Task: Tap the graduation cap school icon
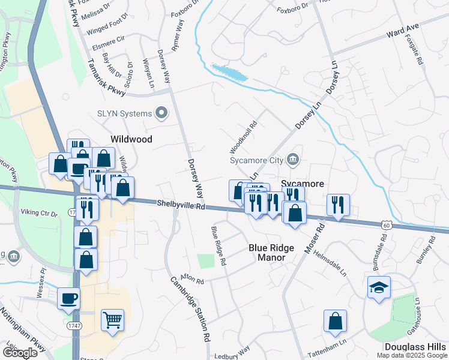coord(379,287)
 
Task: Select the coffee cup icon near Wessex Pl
coord(69,298)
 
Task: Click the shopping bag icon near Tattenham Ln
coord(335,321)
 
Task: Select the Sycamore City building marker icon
coord(292,160)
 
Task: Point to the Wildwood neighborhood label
coord(131,139)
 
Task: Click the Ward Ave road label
coord(403,29)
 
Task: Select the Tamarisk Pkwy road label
coord(106,78)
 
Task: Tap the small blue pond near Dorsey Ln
coord(229,73)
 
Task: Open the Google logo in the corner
coord(20,353)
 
